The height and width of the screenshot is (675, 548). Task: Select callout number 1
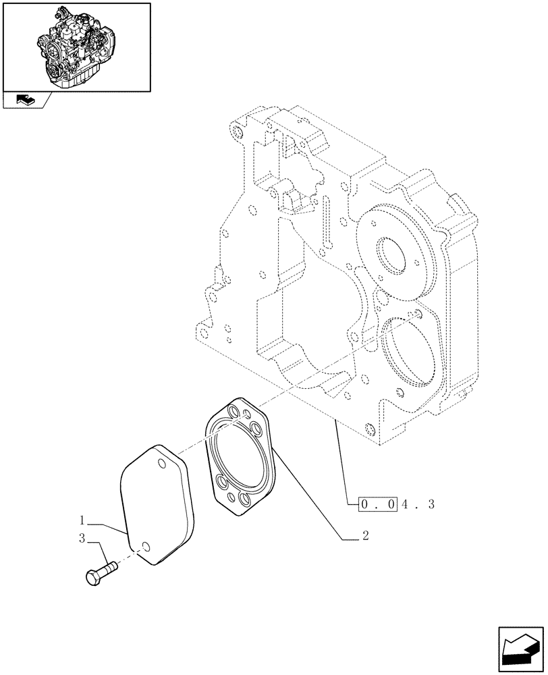(x=82, y=520)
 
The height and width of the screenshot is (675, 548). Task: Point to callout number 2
(x=364, y=537)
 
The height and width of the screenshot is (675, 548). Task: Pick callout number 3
(x=82, y=538)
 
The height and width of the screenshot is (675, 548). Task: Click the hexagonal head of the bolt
(x=94, y=578)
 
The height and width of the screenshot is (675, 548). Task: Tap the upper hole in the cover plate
(x=162, y=462)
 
